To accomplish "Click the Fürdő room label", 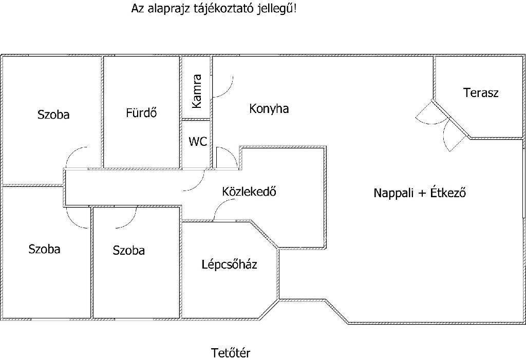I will pyautogui.click(x=141, y=112).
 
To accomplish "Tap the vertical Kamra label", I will pyautogui.click(x=196, y=91).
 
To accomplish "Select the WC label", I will pyautogui.click(x=198, y=142).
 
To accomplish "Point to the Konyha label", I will pyautogui.click(x=269, y=109).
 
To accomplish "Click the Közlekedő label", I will pyautogui.click(x=250, y=192).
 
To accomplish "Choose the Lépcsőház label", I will pyautogui.click(x=229, y=265).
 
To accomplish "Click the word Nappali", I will pyautogui.click(x=392, y=194).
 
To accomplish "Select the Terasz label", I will pyautogui.click(x=481, y=93).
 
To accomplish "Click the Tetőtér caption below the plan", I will pyautogui.click(x=231, y=353).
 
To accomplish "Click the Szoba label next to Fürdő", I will pyautogui.click(x=53, y=115).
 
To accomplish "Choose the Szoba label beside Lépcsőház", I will pyautogui.click(x=128, y=251).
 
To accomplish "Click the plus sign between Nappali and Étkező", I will pyautogui.click(x=423, y=194).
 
